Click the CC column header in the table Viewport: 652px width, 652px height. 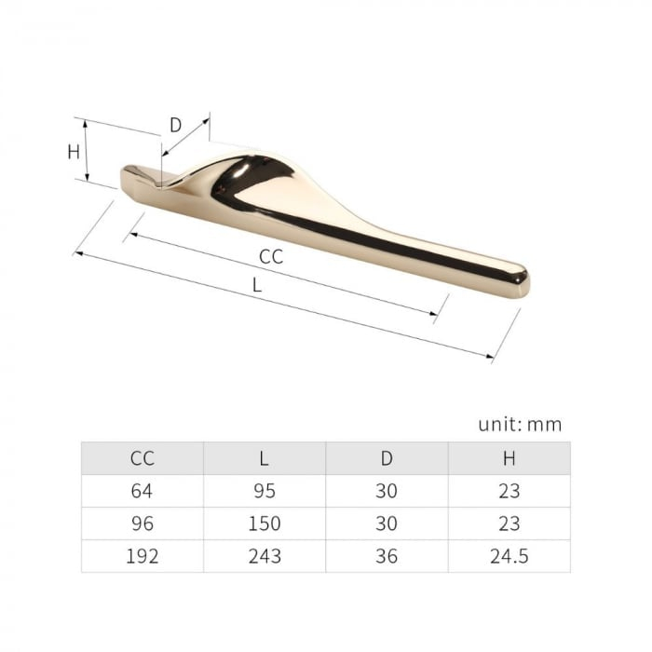(143, 458)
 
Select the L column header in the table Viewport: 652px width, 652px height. (264, 458)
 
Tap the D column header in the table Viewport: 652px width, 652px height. (387, 458)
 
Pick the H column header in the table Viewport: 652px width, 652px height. (509, 458)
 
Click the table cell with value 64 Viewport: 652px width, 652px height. (143, 491)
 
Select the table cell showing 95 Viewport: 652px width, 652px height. (264, 491)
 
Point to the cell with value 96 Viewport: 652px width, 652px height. (143, 523)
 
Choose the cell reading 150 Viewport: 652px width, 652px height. (264, 523)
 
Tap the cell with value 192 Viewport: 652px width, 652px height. (143, 556)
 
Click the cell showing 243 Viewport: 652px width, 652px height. (264, 556)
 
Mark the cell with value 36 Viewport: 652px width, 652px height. (387, 556)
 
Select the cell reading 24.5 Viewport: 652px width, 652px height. (509, 556)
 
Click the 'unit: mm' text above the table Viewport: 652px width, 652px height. (520, 425)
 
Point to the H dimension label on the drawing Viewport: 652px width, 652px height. (74, 152)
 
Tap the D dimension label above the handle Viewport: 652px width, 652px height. (175, 126)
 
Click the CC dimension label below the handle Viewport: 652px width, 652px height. (270, 257)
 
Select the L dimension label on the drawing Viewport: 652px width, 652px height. (257, 286)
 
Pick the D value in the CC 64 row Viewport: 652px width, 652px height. (387, 491)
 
